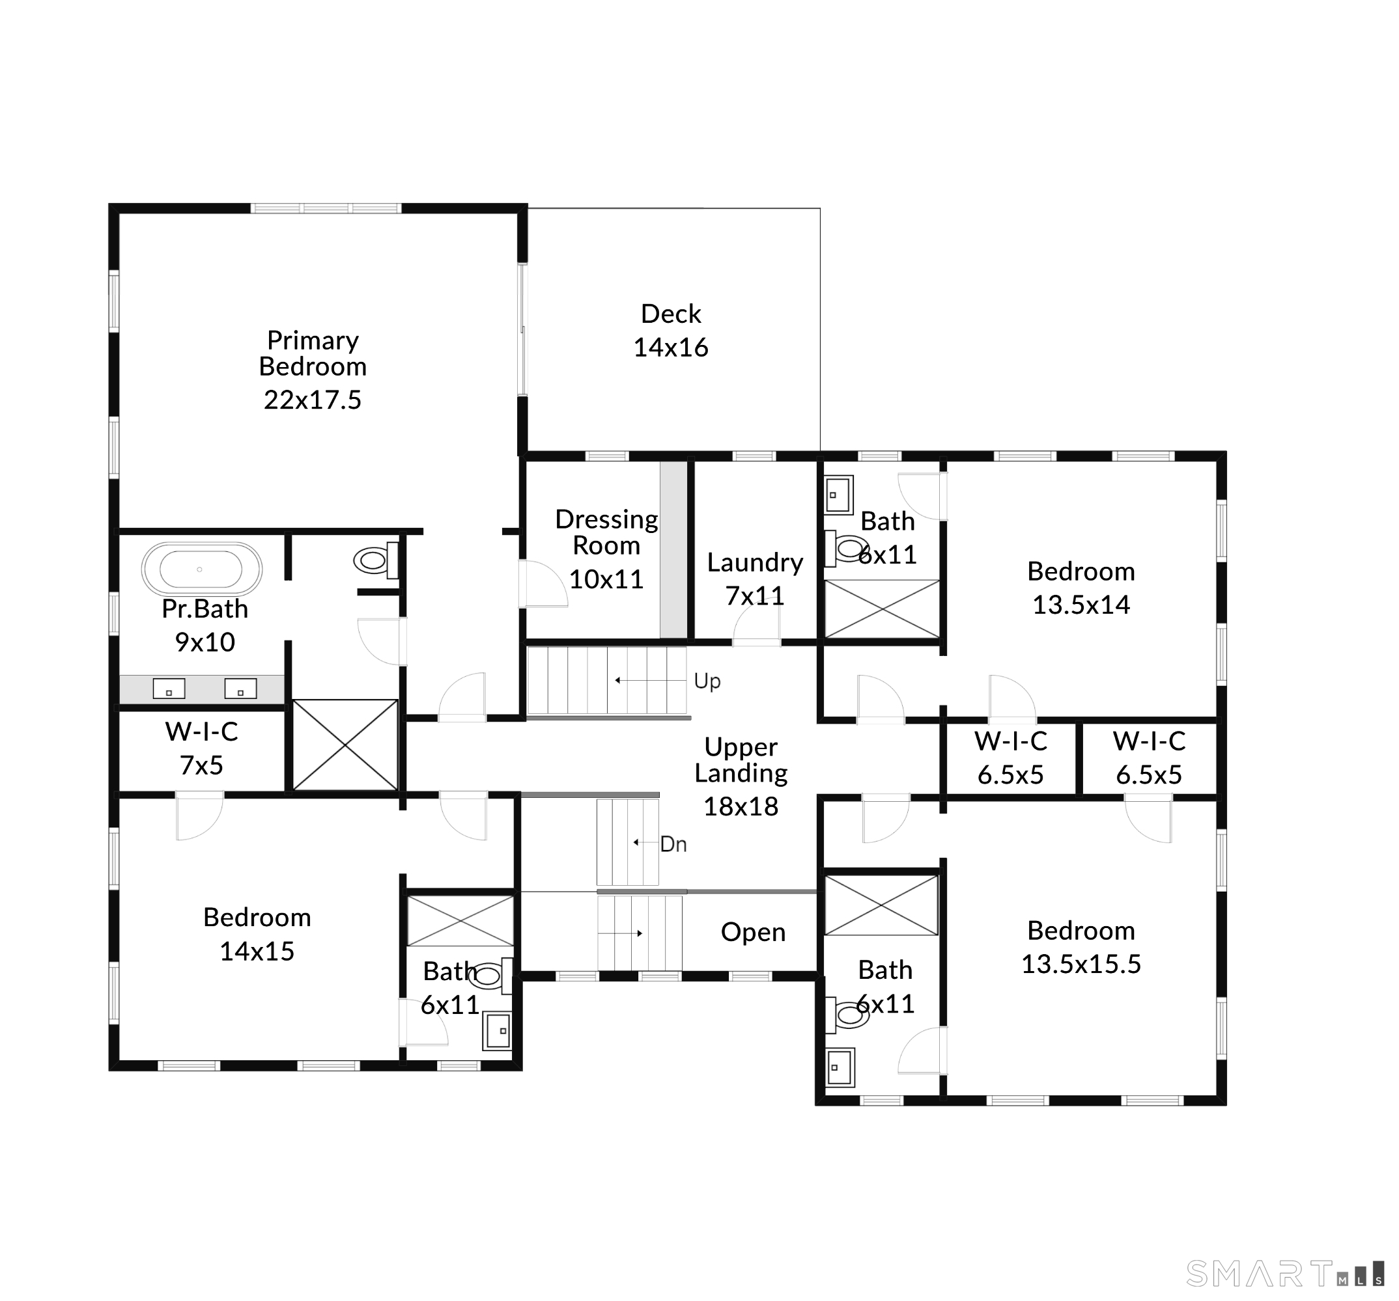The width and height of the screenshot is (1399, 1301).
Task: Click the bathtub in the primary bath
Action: coord(201,569)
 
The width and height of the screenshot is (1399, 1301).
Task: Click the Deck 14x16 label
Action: coord(671,331)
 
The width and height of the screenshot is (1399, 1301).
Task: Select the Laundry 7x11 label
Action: coord(754,579)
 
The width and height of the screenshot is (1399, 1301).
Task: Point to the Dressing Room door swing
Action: coord(543,583)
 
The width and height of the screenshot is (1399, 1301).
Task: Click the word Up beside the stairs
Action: coord(707,681)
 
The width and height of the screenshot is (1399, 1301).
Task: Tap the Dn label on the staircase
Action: coord(673,844)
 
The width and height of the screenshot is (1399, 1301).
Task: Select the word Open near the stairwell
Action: coord(752,932)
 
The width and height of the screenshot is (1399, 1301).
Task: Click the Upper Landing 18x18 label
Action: coord(741,776)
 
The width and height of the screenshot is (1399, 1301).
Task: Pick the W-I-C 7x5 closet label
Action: coord(201,748)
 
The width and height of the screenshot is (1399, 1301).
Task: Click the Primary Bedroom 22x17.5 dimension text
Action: coord(313,400)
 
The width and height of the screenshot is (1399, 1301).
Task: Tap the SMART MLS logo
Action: coord(1284,1274)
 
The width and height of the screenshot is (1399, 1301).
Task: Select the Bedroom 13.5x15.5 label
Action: coord(1081,946)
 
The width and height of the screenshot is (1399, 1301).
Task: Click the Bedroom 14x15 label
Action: coord(257,934)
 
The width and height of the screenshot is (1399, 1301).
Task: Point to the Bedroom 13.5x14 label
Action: coord(1081,587)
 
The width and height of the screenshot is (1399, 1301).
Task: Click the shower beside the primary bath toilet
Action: coord(345,744)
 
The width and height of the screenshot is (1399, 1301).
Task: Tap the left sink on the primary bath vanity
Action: coord(169,689)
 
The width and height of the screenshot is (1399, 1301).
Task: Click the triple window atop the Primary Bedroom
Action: coord(326,208)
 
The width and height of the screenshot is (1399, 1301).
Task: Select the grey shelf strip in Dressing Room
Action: coord(673,549)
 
